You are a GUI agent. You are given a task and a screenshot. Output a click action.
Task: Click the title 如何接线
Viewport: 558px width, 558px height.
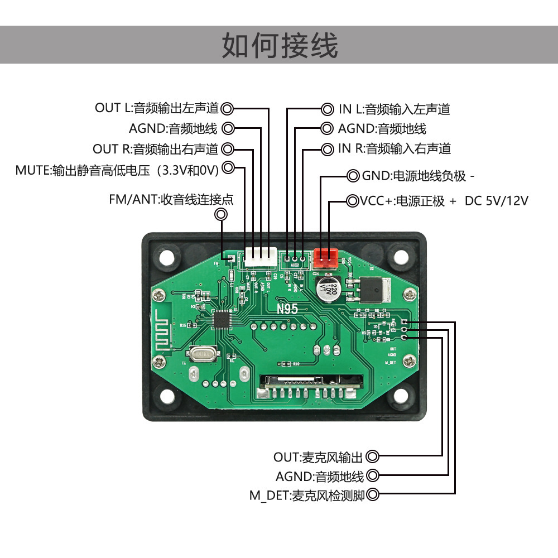280,45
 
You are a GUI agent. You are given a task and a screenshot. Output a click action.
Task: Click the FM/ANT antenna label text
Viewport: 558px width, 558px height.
171,199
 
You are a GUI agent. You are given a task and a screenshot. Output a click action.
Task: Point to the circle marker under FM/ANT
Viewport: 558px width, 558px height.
222,215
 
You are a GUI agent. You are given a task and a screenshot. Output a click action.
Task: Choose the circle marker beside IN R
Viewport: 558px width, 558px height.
326,148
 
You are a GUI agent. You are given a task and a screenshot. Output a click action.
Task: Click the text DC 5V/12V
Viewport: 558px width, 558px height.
496,201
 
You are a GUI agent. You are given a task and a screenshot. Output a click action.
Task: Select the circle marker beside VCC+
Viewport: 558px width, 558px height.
353,201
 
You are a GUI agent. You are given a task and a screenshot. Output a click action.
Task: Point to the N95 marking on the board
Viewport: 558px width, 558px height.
287,308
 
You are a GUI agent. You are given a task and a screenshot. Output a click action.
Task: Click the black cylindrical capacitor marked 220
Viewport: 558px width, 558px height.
328,289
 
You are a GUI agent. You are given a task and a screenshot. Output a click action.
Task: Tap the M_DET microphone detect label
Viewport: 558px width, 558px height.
307,495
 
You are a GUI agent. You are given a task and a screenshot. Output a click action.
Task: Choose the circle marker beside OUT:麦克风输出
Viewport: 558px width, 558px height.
373,457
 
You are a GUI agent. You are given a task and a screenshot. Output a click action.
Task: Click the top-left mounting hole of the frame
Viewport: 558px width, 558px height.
166,257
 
